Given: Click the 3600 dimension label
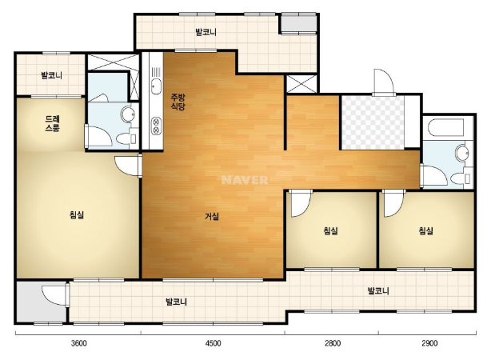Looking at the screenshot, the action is (79, 343).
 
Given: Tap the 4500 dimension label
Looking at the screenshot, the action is (213, 343).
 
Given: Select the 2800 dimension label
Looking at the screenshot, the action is (332, 343).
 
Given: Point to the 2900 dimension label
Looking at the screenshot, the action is (429, 343).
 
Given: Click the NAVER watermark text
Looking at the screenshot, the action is (245, 180).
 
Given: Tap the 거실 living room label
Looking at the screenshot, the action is (212, 216).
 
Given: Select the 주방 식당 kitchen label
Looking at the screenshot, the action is (178, 102).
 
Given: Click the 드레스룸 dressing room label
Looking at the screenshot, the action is (53, 123).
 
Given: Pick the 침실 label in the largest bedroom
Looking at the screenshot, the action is (77, 215).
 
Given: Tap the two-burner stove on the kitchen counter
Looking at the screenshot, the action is (156, 126).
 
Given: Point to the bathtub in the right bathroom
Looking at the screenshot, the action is (445, 127).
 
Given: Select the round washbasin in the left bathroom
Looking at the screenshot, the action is (128, 114).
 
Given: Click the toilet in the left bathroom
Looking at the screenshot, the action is (126, 138).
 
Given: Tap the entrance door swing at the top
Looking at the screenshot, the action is (383, 82).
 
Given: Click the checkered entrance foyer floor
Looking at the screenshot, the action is (373, 122).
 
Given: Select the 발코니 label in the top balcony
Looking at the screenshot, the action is (206, 32).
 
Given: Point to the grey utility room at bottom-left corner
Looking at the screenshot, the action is (41, 302).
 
